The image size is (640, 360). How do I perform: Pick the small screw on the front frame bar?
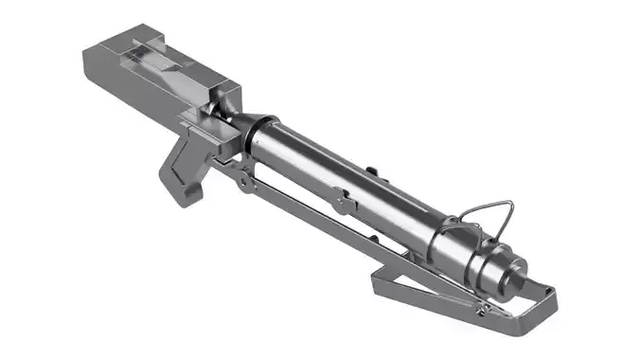click(x=482, y=310)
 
